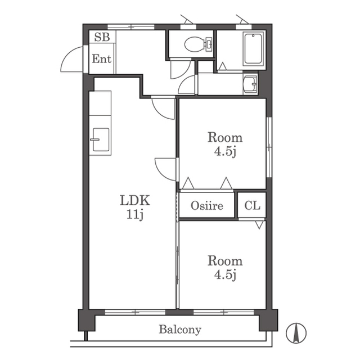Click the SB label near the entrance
coord(102,37)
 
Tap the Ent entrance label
coord(102,58)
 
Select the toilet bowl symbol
coord(199,43)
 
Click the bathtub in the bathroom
coord(254,49)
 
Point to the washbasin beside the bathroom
coord(250,84)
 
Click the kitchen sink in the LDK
coord(101,139)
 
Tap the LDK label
coord(135,200)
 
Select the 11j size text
coord(135,214)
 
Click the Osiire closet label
coord(207,205)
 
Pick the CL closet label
coord(252,205)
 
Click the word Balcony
coord(180,330)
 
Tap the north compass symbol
coord(296,333)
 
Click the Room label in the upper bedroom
coord(225,137)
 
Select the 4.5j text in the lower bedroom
coord(225,274)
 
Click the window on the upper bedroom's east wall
coord(269,147)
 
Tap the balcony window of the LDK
coord(135,312)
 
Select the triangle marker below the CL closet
coord(259,225)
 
